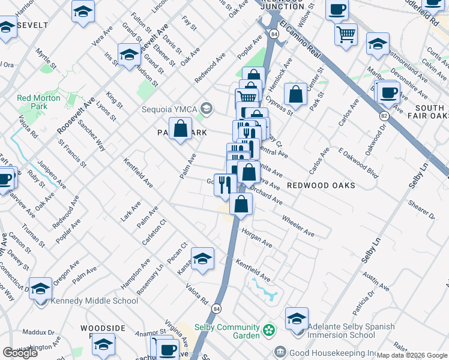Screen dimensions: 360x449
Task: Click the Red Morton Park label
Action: pyautogui.click(x=38, y=102)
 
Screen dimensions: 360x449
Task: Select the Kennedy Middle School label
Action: pyautogui.click(x=95, y=301)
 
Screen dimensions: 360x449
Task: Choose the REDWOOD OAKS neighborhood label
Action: pyautogui.click(x=321, y=185)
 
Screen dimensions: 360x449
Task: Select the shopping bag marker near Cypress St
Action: pyautogui.click(x=295, y=94)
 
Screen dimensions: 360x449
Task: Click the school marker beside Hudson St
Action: pyautogui.click(x=129, y=55)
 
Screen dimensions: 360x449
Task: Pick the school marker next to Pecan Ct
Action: pyautogui.click(x=203, y=259)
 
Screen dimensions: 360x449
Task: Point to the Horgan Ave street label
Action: pyautogui.click(x=257, y=238)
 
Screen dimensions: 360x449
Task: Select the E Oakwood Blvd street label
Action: pyautogui.click(x=358, y=164)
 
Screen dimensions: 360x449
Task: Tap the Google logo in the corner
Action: pyautogui.click(x=20, y=353)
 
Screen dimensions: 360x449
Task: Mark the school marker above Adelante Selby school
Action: pyautogui.click(x=297, y=319)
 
